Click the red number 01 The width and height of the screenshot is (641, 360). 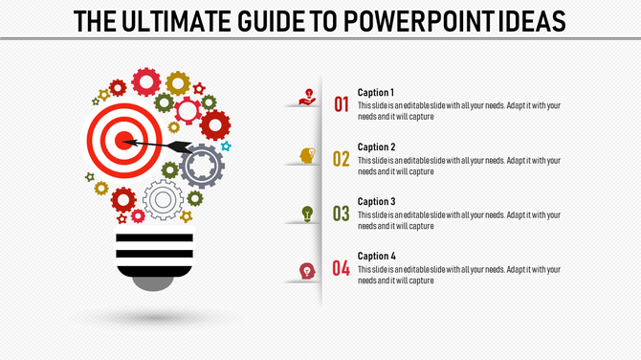click(x=342, y=104)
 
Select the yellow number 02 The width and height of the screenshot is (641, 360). click(x=342, y=159)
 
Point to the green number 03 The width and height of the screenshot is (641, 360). click(x=342, y=214)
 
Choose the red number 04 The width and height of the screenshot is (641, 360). click(x=342, y=268)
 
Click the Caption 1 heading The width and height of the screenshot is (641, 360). click(x=376, y=93)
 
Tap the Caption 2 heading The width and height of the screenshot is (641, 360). click(x=376, y=147)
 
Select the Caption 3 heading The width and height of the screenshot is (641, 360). click(x=376, y=202)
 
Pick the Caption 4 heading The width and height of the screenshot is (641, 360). click(x=376, y=257)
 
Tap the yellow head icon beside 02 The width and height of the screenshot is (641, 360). click(x=307, y=155)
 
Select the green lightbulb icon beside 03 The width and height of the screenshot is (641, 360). click(x=307, y=213)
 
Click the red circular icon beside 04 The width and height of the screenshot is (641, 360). click(x=307, y=271)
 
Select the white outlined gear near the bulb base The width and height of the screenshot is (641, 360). click(x=163, y=200)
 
